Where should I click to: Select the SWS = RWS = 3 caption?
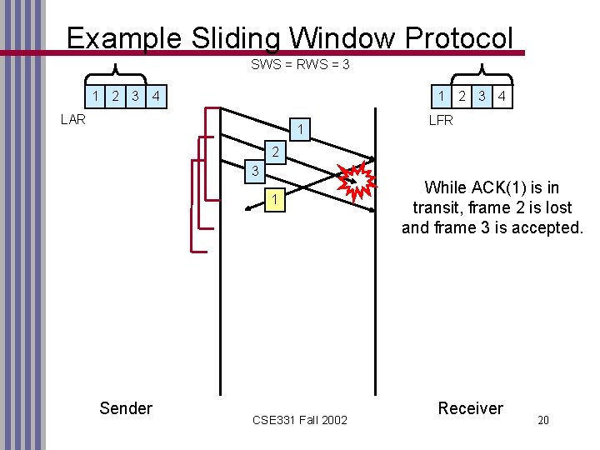(300, 64)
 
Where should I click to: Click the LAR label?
(73, 119)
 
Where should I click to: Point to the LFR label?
(441, 120)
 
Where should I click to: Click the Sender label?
(126, 407)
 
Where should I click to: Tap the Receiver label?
(471, 407)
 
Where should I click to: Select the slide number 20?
(542, 420)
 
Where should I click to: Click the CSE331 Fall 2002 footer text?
(300, 419)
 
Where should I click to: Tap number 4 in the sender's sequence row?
(156, 96)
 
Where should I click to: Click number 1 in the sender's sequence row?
(97, 96)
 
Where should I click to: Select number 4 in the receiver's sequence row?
(501, 96)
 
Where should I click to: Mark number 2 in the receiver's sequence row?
(462, 96)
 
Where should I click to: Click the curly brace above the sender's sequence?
(113, 74)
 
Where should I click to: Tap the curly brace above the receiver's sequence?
(484, 74)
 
